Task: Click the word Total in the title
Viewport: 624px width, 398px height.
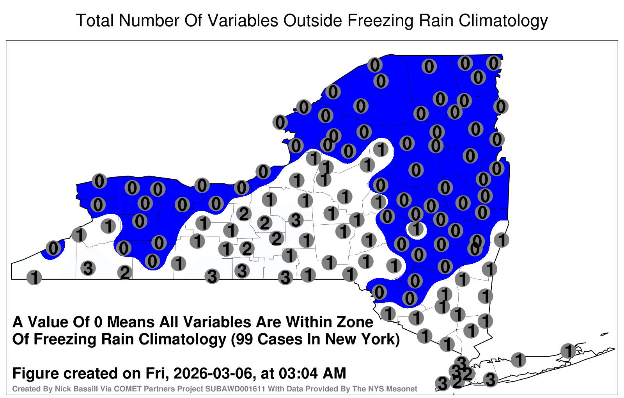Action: pos(94,21)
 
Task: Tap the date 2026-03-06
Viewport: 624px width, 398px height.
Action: pos(213,373)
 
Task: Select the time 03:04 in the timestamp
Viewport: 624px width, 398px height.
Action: pos(298,373)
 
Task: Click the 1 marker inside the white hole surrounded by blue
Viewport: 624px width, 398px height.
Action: pos(416,229)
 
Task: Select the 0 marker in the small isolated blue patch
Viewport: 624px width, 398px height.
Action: pos(53,248)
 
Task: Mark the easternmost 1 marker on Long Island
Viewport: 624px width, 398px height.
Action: pos(568,351)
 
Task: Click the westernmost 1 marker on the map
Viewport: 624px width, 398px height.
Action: pos(34,277)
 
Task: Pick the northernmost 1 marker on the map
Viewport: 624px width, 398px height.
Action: pos(381,149)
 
